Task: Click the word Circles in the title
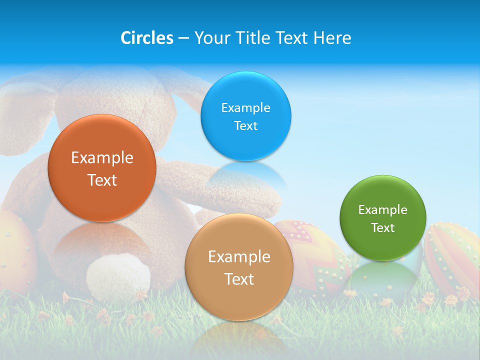point(147,38)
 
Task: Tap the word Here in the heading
point(332,38)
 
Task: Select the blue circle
point(246,116)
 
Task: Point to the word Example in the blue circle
point(246,107)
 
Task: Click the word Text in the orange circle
point(102,180)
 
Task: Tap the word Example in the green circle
point(383,210)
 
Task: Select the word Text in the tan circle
point(239,279)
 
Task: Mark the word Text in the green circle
point(383,228)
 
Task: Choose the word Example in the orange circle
point(102,158)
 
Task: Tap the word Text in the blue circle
point(246,125)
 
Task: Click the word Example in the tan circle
point(239,257)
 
